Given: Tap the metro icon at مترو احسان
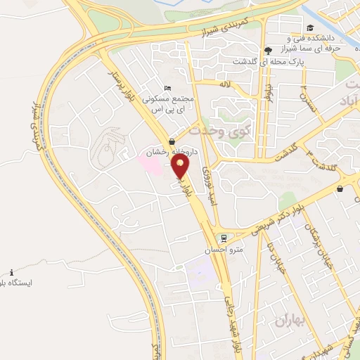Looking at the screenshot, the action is pyautogui.click(x=224, y=238).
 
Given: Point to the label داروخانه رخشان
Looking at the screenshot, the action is pyautogui.click(x=168, y=152).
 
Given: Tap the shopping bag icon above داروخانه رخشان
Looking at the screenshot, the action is pyautogui.click(x=173, y=141).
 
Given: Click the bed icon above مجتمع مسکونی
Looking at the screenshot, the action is pyautogui.click(x=167, y=87).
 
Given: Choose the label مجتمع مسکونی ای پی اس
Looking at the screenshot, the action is pyautogui.click(x=165, y=103).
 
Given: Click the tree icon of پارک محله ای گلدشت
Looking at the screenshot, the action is pyautogui.click(x=268, y=50).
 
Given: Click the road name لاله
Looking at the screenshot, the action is pyautogui.click(x=224, y=83).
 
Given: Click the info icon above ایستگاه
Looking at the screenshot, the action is pyautogui.click(x=12, y=272).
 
